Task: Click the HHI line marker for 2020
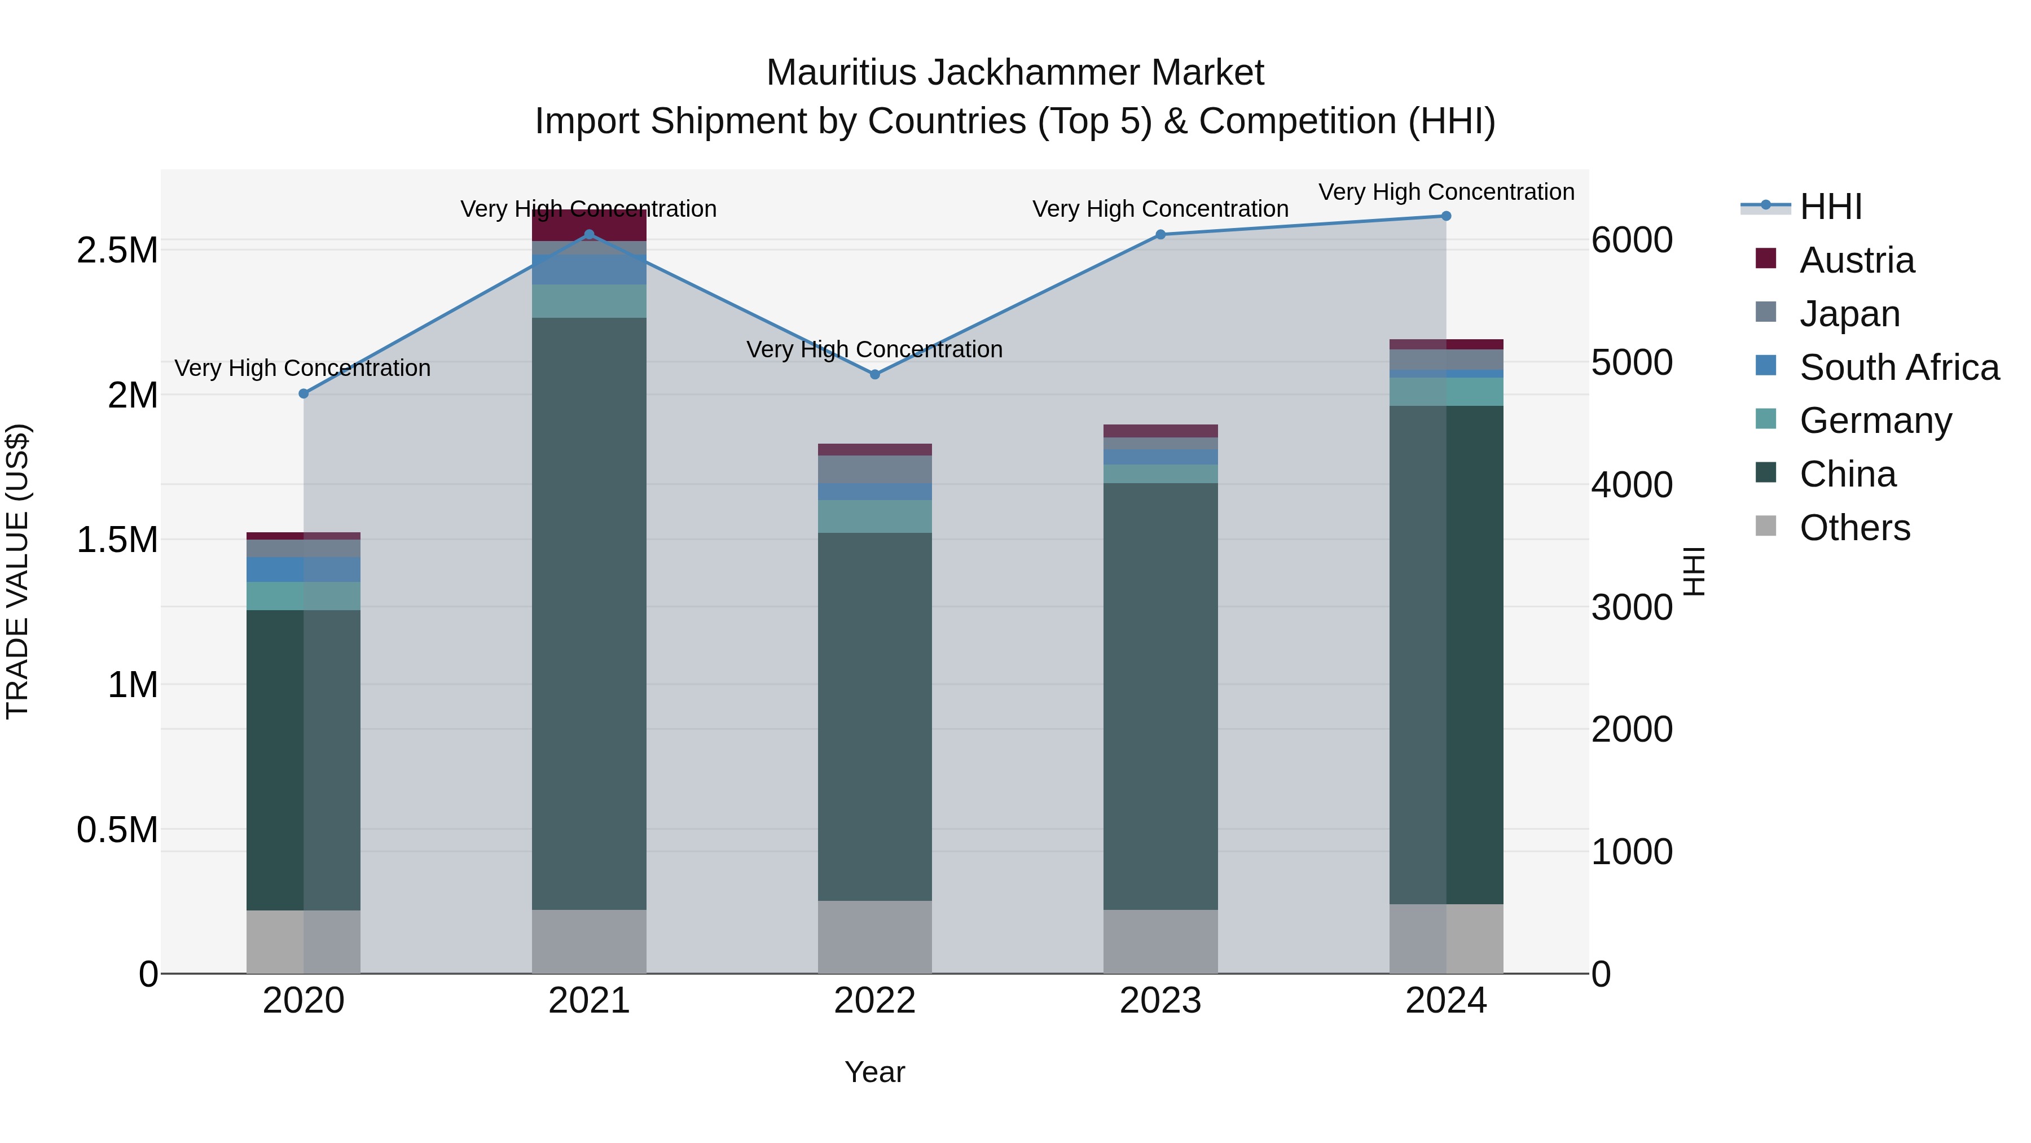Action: coord(304,393)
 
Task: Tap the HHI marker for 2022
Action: coord(874,374)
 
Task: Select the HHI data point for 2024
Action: coord(1446,216)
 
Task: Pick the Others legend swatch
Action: coord(1766,526)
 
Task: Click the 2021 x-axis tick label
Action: coord(589,1001)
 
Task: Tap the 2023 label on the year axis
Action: coord(1160,1001)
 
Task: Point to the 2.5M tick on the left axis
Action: coord(117,251)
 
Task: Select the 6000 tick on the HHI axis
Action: coord(1631,240)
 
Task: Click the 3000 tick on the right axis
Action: coord(1631,607)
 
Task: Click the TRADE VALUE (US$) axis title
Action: coord(17,571)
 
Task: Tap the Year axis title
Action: coord(874,1072)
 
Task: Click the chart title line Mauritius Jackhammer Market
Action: coord(1015,73)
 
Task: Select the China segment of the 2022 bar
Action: coord(874,716)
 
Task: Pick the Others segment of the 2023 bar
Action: coord(1160,941)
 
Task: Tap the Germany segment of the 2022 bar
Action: coord(874,516)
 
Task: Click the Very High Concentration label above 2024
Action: coord(1446,192)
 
